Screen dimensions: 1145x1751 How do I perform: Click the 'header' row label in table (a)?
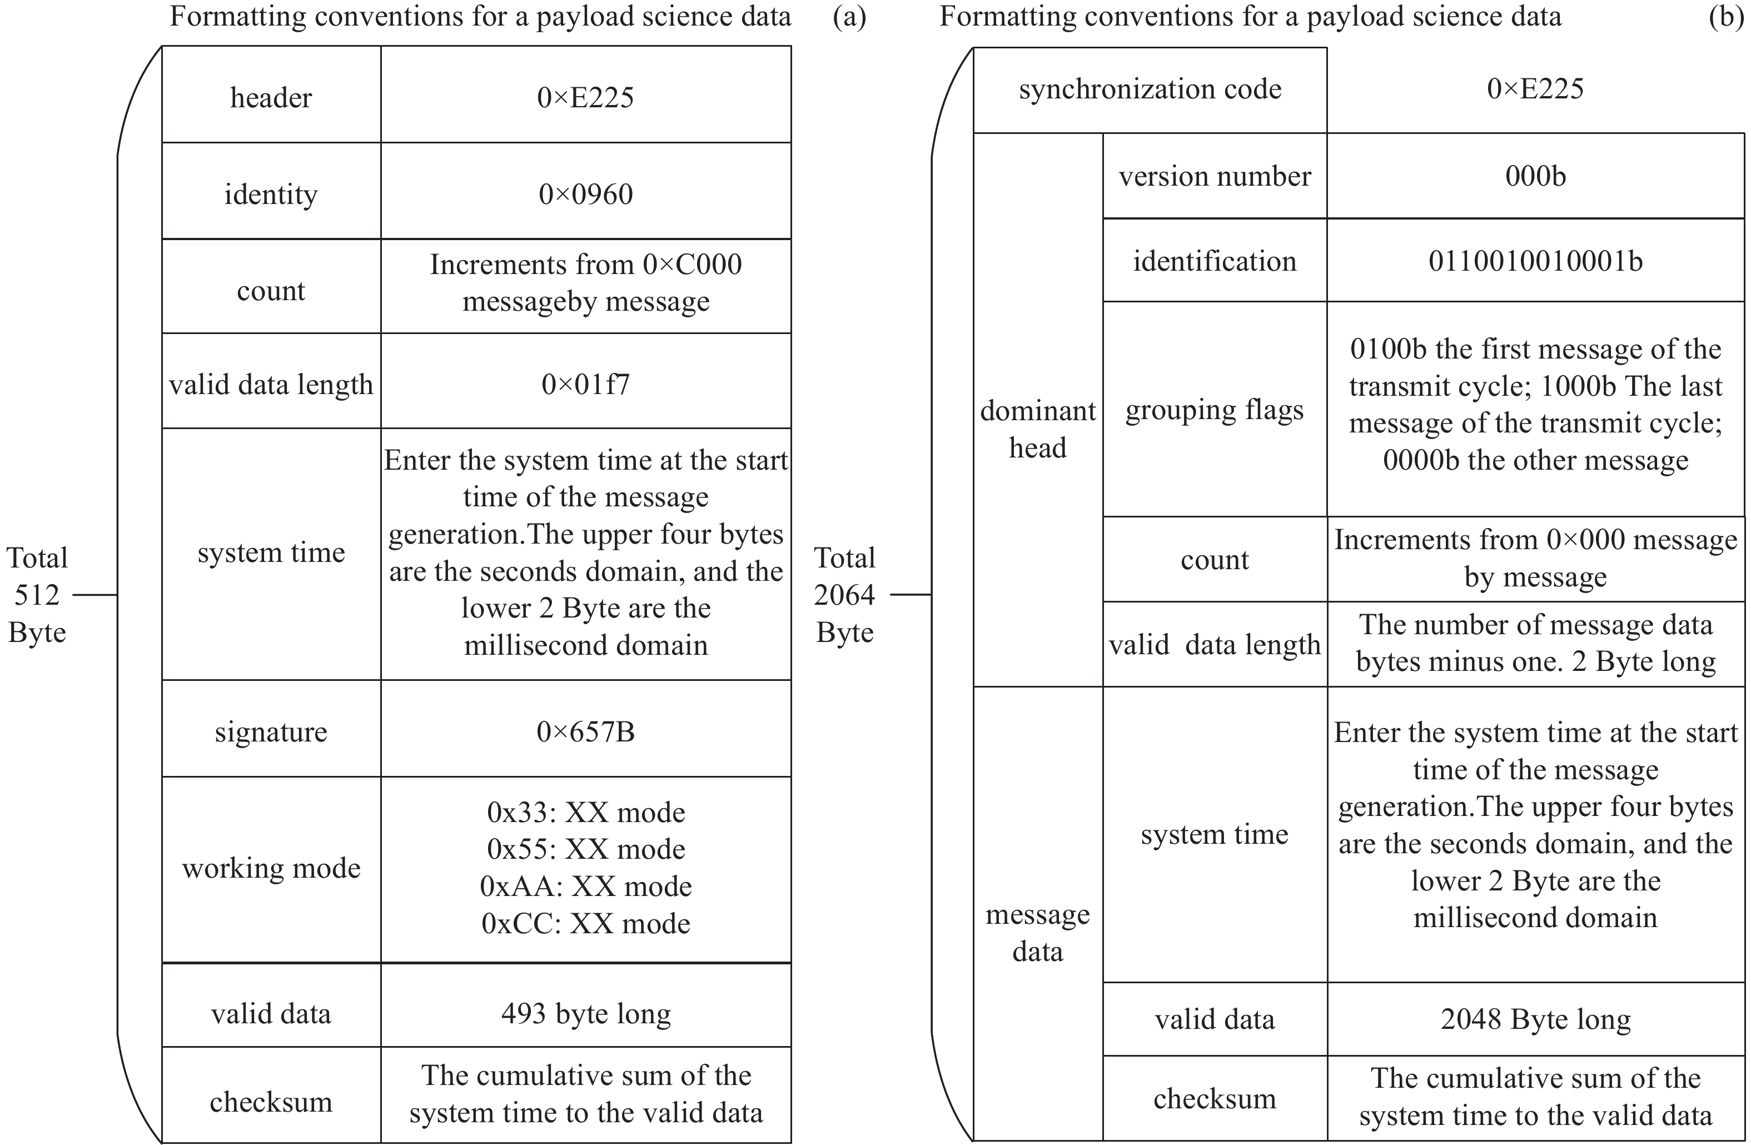pos(271,98)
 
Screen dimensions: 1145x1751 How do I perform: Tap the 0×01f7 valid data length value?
pos(586,384)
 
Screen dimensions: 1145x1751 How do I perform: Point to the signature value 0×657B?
pos(586,731)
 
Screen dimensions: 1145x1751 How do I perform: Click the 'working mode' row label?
pos(271,868)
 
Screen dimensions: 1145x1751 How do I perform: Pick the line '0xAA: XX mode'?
pos(586,887)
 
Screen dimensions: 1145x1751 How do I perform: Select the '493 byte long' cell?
pos(586,1014)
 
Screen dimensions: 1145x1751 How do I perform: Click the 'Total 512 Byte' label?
pos(37,595)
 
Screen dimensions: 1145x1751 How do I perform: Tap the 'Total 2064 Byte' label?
pos(844,595)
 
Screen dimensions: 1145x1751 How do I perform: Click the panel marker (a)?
pos(849,17)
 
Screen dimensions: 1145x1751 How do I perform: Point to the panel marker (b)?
pos(1725,17)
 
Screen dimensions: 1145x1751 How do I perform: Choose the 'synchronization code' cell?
pos(1150,89)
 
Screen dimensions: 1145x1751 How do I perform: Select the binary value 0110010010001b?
pos(1535,261)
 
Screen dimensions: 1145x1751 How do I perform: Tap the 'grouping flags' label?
pos(1214,410)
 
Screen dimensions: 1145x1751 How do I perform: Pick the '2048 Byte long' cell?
pos(1535,1019)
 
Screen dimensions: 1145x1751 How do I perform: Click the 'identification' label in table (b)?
pos(1214,261)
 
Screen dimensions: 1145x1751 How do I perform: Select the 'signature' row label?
pos(271,732)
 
